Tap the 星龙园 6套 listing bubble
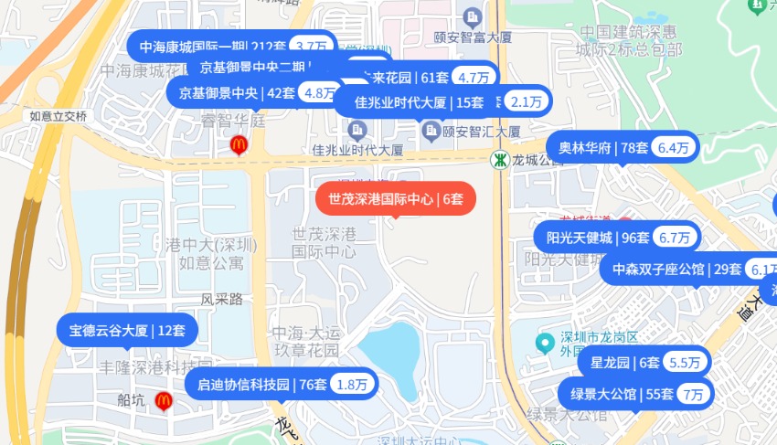tap(625, 363)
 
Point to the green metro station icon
tap(499, 160)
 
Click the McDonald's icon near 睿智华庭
tap(238, 143)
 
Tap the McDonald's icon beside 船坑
tap(164, 399)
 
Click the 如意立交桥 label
tap(58, 117)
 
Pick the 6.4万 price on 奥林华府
tap(674, 147)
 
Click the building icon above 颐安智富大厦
tap(472, 16)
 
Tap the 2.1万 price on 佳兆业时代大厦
tap(527, 101)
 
